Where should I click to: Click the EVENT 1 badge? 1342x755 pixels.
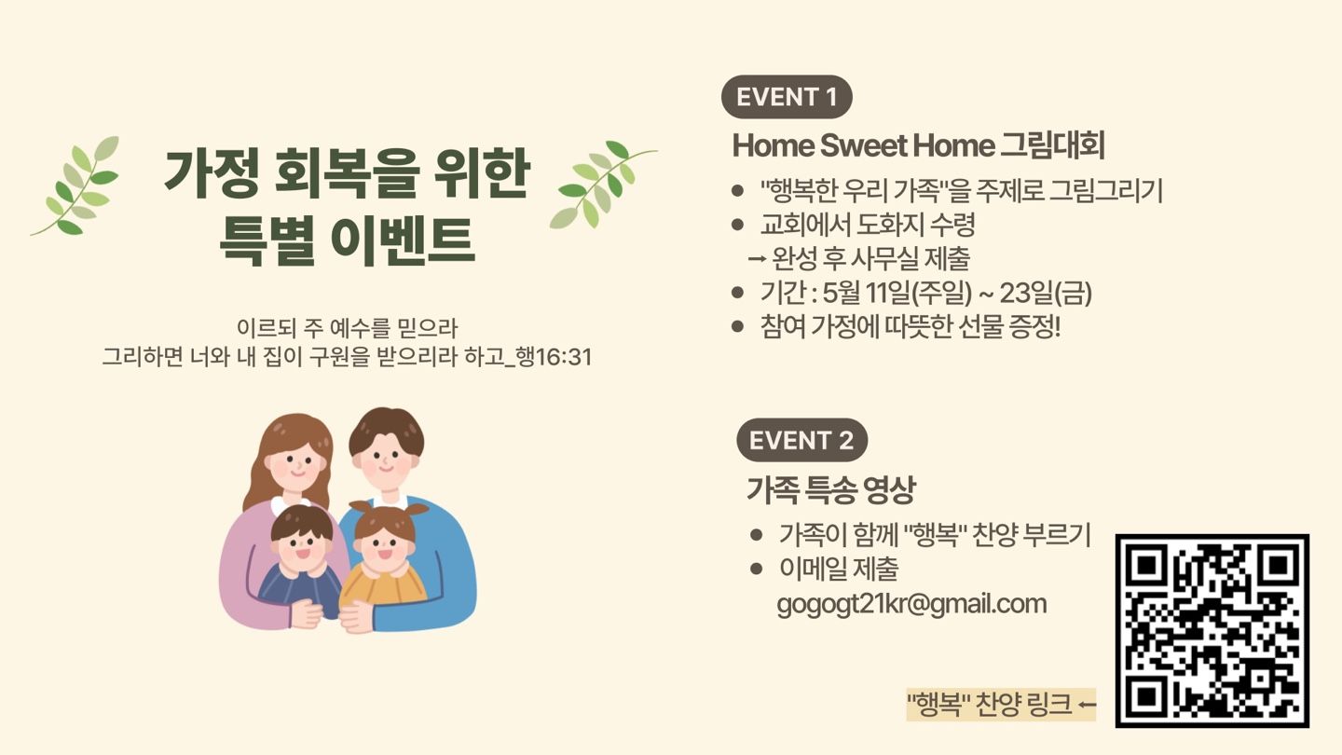click(787, 97)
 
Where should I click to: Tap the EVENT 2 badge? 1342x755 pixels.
click(802, 440)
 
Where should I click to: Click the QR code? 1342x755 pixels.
click(1212, 631)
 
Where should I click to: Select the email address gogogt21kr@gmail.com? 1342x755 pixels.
click(911, 604)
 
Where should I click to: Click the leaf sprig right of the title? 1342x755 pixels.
click(601, 184)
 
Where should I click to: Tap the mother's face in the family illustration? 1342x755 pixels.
click(294, 464)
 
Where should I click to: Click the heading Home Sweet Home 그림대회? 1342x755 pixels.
click(919, 145)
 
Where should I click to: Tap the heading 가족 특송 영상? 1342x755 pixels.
click(831, 489)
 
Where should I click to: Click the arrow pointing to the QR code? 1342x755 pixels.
click(1087, 706)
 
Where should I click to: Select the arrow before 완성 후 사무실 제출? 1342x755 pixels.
click(758, 259)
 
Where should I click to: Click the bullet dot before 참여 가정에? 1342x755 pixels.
click(737, 326)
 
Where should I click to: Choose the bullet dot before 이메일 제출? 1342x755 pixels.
click(756, 568)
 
